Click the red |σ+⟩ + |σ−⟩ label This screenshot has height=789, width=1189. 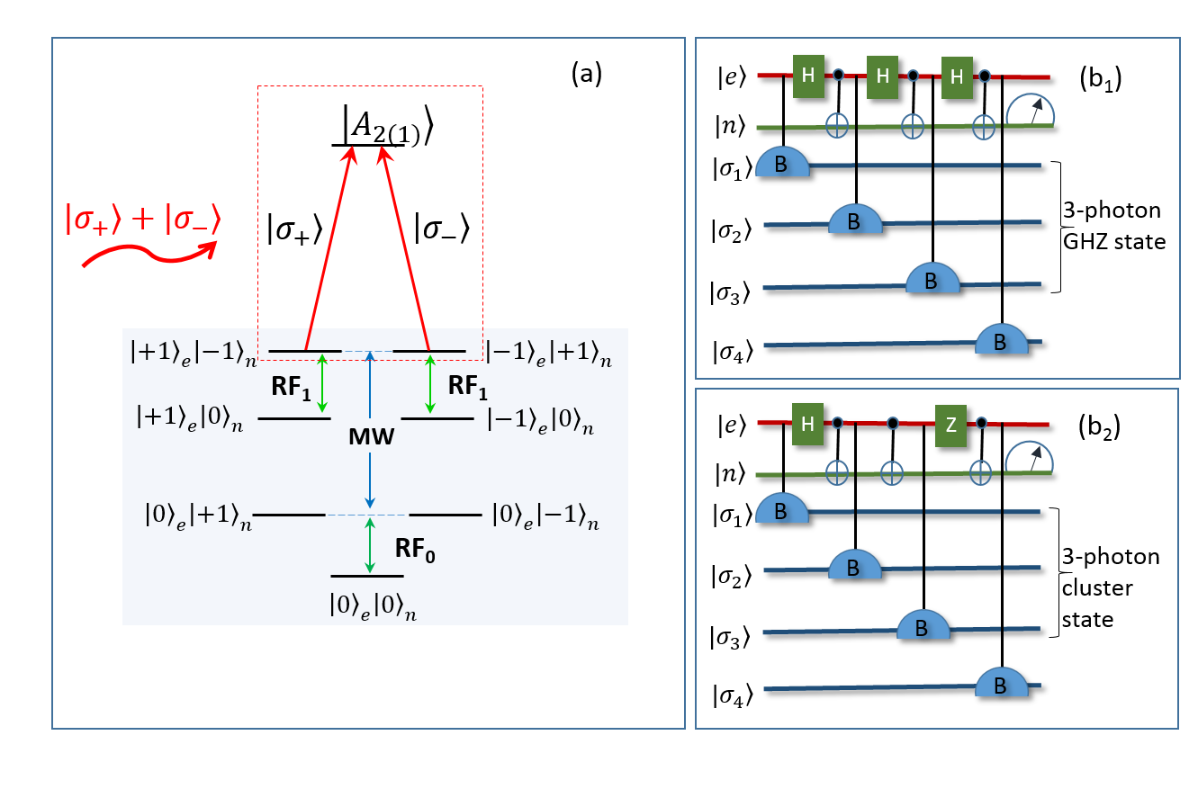pos(143,221)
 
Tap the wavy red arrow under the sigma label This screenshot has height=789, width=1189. pos(149,256)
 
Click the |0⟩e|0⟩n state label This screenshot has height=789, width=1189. pos(373,606)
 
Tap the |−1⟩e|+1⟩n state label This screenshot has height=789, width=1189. pos(548,352)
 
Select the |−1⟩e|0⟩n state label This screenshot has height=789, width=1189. pos(541,421)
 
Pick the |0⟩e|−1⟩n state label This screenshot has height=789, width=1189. pos(545,516)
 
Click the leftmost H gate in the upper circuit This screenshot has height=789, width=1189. pos(808,76)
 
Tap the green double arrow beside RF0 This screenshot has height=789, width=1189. pos(369,545)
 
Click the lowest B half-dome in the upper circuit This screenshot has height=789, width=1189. pos(1001,339)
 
